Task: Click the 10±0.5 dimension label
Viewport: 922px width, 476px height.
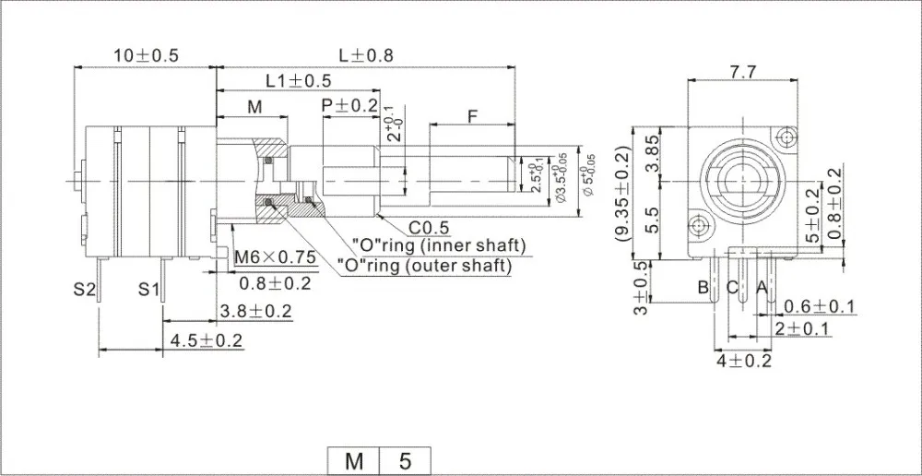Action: (146, 55)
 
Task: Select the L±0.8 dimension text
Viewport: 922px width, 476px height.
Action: (366, 55)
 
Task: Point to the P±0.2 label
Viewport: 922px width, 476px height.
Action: (350, 106)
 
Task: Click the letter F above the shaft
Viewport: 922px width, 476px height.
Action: (472, 117)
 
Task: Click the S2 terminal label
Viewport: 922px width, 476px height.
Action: (85, 290)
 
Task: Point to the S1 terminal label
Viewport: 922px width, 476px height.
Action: (150, 290)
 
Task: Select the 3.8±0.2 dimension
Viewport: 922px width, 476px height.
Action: (255, 312)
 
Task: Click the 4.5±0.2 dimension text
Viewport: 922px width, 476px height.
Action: (206, 341)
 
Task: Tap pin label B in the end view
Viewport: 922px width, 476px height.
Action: (703, 288)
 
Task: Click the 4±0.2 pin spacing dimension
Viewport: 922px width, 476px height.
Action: (744, 361)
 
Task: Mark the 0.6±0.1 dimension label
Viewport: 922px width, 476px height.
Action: (818, 307)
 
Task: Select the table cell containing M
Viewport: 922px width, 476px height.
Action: (354, 459)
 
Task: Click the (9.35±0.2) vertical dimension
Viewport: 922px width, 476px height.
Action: (623, 193)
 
